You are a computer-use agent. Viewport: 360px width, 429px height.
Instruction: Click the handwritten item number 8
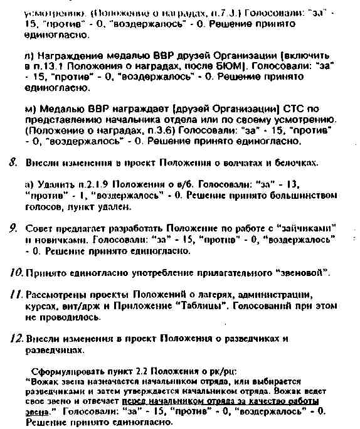[13, 162]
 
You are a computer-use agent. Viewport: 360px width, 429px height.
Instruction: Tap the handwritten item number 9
[13, 228]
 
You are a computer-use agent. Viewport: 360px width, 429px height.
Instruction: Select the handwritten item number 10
[16, 272]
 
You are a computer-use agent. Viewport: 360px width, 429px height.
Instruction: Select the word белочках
[296, 163]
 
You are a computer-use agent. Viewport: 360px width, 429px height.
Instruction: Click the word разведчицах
[55, 350]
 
